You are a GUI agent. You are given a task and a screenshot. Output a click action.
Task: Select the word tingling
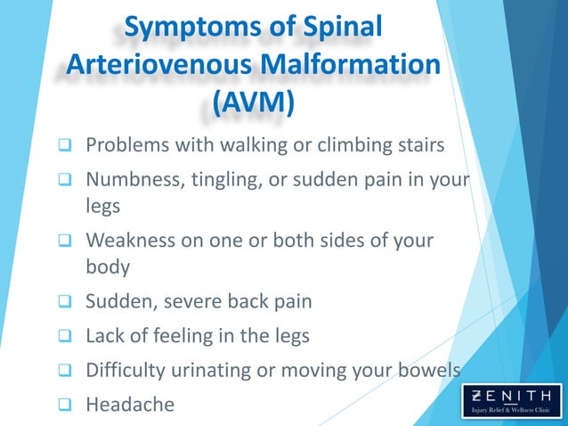point(227,181)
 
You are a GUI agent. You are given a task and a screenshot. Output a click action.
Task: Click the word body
point(107,266)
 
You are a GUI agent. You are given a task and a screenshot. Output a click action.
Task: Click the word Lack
point(105,336)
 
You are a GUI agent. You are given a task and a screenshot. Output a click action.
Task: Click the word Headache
point(130,405)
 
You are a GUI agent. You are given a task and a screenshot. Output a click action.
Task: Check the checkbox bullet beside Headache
point(65,406)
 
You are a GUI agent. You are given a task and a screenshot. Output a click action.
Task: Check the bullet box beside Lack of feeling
point(65,337)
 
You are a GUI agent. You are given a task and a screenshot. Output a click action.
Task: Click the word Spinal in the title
point(343,28)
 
